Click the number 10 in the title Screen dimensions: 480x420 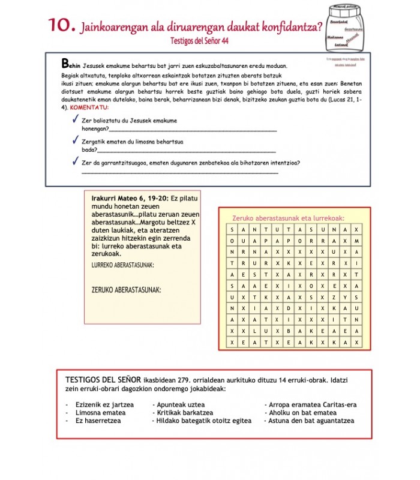pos(62,25)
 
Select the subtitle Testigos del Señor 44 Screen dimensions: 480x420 pos(199,41)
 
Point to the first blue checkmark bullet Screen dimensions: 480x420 pos(75,121)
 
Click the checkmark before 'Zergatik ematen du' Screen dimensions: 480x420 pos(75,141)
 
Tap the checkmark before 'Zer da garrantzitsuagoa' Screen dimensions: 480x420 pos(75,161)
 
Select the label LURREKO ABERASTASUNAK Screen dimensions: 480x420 pos(122,265)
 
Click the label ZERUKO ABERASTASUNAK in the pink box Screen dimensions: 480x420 pos(126,290)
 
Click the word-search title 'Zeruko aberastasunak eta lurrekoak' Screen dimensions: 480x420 pos(289,218)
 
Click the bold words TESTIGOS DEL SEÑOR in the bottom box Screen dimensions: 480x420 pos(103,380)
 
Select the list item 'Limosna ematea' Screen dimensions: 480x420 pos(100,413)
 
